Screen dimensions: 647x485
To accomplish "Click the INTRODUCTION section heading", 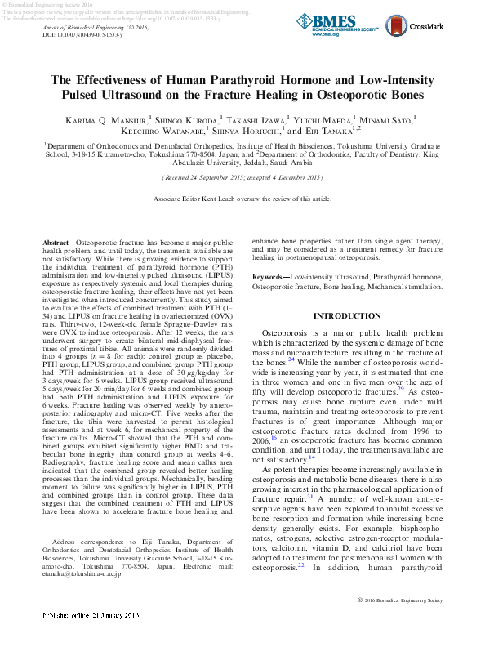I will coord(347,315).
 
